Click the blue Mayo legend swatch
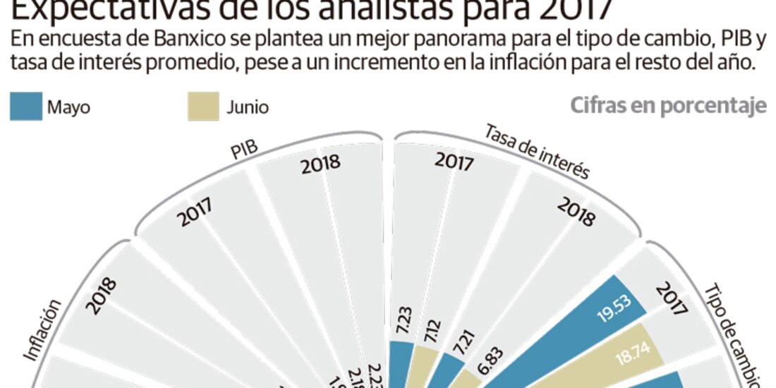click(25, 108)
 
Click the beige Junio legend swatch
click(203, 108)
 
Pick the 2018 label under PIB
click(321, 165)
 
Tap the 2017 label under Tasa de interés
click(454, 162)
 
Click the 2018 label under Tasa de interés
click(576, 211)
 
